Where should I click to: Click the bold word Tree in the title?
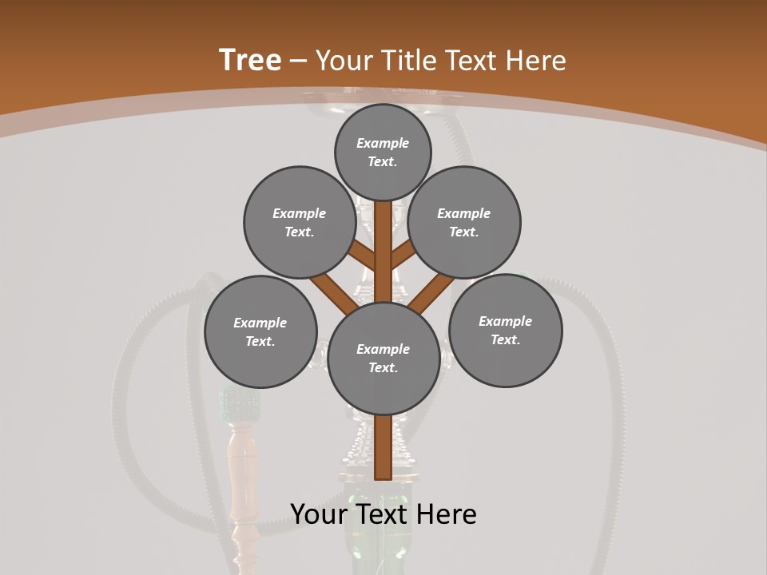point(250,60)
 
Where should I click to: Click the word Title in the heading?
point(408,61)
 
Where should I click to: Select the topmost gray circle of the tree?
point(383,152)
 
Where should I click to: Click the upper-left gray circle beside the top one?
point(299,222)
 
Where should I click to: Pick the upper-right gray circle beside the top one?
point(464,222)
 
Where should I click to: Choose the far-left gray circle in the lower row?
point(260,331)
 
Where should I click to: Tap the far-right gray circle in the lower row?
point(505,330)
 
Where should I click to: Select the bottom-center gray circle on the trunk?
point(383,358)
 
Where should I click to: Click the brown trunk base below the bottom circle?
point(383,447)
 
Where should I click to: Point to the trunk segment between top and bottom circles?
point(383,252)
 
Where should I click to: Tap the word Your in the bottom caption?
point(317,514)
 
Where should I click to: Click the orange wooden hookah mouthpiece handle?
point(240,471)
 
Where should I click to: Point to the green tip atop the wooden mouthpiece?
point(240,403)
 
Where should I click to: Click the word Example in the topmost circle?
point(383,143)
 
